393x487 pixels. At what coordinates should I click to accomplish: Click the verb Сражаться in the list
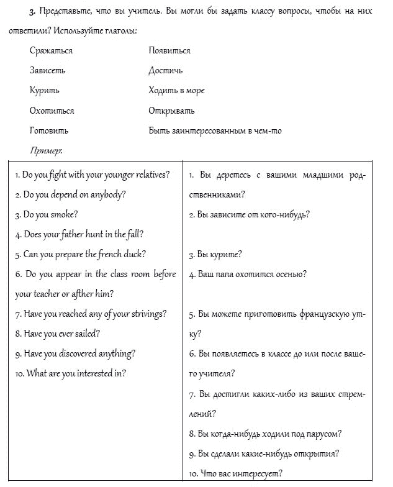tap(51, 50)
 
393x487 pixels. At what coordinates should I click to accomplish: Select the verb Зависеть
tap(47, 70)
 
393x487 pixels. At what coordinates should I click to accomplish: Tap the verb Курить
tap(44, 90)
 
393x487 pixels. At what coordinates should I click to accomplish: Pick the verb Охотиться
tap(52, 111)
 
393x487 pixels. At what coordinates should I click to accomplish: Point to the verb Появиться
tap(169, 50)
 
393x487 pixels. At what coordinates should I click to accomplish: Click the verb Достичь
tap(165, 70)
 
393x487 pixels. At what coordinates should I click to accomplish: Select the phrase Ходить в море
tap(176, 90)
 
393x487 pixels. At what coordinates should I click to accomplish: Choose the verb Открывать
tap(171, 111)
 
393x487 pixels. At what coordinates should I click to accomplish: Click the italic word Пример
tap(45, 150)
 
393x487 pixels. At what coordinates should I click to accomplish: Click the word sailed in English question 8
tap(88, 334)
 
